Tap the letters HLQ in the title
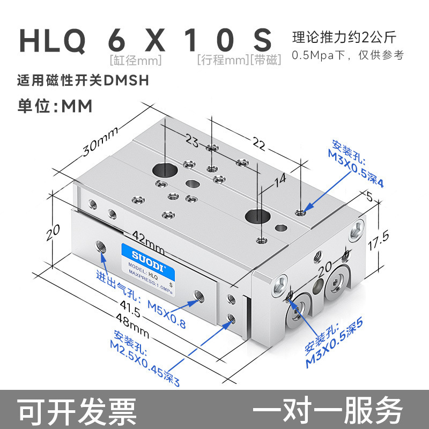pyautogui.click(x=53, y=40)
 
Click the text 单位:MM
pyautogui.click(x=56, y=105)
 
